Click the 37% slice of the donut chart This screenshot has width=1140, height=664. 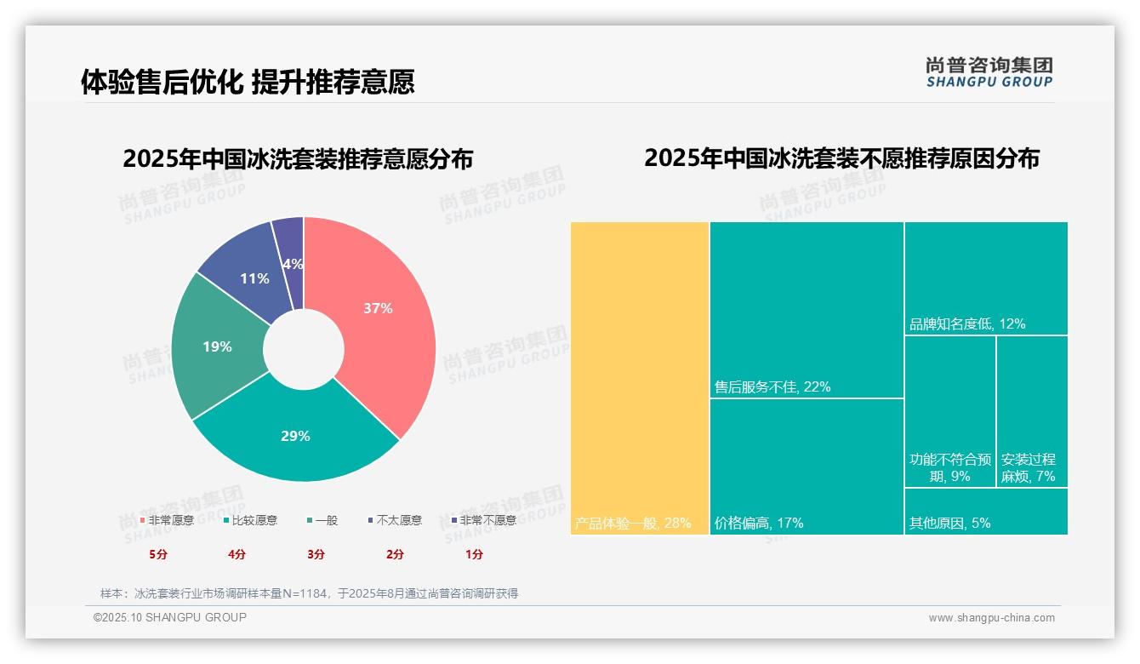pyautogui.click(x=379, y=308)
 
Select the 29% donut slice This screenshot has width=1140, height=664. pyautogui.click(x=295, y=436)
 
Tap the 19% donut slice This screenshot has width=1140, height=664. pyautogui.click(x=217, y=346)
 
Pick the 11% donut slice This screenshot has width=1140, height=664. pyautogui.click(x=254, y=278)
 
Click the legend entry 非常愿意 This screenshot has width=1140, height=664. pyautogui.click(x=168, y=520)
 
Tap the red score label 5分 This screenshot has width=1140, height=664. pyautogui.click(x=158, y=554)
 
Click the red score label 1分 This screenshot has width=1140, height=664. pyautogui.click(x=475, y=554)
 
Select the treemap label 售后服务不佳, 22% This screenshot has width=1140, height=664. pyautogui.click(x=772, y=387)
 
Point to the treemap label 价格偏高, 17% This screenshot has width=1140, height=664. pyautogui.click(x=759, y=523)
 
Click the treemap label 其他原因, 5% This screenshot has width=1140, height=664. pyautogui.click(x=949, y=523)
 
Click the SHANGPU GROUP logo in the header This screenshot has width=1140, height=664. pyautogui.click(x=989, y=72)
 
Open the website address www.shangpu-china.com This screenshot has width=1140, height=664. pyautogui.click(x=991, y=618)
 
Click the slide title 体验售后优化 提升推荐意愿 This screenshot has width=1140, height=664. pyautogui.click(x=248, y=83)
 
